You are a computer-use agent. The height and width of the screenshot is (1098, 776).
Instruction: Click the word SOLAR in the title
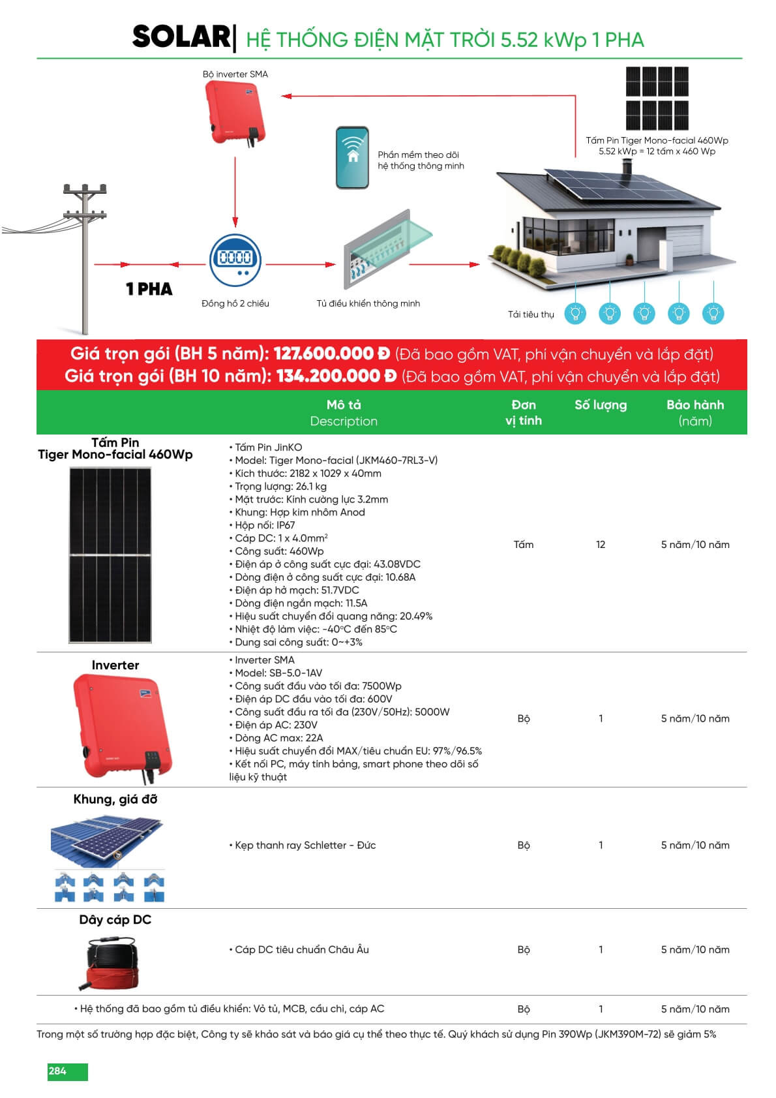(x=181, y=37)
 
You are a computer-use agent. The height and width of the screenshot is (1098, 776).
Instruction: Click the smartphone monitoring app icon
(x=352, y=158)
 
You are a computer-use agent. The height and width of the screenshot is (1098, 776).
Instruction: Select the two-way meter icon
(x=235, y=260)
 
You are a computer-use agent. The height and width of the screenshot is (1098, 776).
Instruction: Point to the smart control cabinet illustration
(x=385, y=251)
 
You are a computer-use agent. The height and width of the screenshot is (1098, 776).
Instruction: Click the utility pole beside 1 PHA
(x=85, y=261)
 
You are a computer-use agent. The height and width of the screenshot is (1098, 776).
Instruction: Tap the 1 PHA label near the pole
(x=149, y=289)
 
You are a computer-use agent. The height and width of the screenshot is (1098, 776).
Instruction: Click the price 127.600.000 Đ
(x=331, y=354)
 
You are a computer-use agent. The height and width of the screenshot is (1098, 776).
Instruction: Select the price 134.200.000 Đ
(x=336, y=376)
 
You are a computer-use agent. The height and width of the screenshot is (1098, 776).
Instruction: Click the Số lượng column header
(x=601, y=405)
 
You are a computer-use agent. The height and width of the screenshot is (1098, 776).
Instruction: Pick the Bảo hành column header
(x=695, y=412)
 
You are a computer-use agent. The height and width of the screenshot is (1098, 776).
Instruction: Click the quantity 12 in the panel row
(x=601, y=545)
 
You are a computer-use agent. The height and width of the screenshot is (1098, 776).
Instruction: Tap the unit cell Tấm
(x=524, y=545)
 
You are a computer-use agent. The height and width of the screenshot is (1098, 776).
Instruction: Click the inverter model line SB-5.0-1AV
(x=278, y=673)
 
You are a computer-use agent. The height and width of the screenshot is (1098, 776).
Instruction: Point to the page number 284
(x=58, y=1071)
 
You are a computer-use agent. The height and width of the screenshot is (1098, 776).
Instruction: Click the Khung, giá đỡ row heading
(x=115, y=800)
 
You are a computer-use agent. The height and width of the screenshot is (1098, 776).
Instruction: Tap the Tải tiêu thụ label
(x=531, y=314)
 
